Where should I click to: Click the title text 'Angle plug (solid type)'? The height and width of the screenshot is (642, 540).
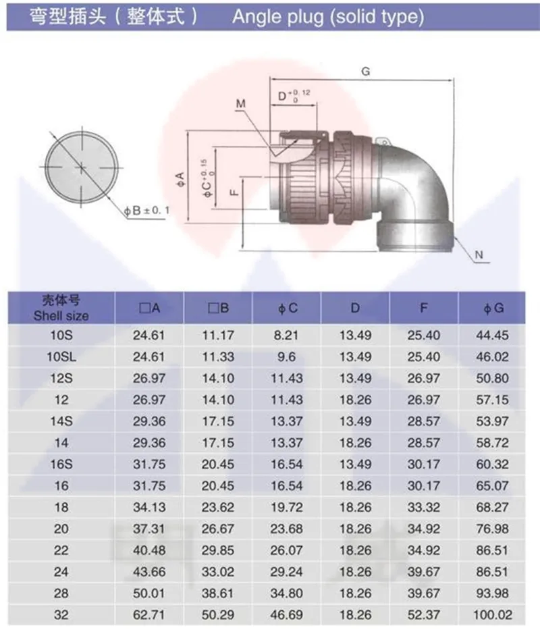click(328, 17)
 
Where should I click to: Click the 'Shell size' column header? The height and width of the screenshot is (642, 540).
click(61, 316)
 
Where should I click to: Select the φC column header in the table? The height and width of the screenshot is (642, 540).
click(288, 309)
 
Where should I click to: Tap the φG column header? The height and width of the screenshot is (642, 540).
click(493, 309)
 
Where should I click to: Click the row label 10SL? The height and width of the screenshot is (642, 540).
click(61, 356)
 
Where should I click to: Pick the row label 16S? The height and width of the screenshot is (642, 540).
click(61, 464)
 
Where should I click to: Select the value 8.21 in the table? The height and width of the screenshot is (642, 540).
click(286, 336)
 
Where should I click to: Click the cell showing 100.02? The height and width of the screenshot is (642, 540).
click(493, 614)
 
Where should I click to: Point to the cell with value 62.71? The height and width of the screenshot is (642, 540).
click(148, 614)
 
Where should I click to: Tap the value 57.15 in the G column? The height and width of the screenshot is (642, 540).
click(493, 400)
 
